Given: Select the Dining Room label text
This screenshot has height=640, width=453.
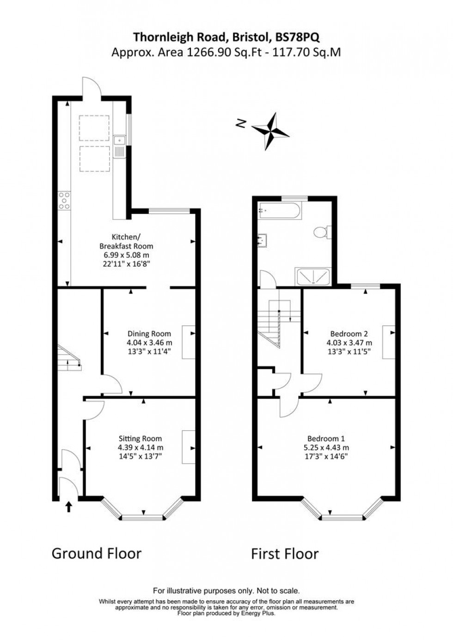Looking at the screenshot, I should [x=149, y=334].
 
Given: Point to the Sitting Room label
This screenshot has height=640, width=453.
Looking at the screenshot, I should [x=140, y=439].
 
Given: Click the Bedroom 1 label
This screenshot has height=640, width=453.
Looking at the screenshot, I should [x=326, y=439].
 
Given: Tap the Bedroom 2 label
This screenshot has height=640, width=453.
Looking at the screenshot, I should [x=349, y=334].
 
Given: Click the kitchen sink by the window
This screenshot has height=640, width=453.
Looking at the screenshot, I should [x=119, y=146].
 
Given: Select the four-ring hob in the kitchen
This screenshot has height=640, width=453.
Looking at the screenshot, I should [x=64, y=201].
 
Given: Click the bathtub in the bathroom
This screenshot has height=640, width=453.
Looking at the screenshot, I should [x=280, y=211].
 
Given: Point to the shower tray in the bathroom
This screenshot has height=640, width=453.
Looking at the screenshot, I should [x=313, y=276].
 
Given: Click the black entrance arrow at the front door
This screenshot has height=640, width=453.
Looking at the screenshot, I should [x=69, y=507].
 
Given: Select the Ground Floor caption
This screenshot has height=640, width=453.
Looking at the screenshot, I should [x=96, y=553].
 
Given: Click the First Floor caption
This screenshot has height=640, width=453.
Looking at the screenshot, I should [x=284, y=554].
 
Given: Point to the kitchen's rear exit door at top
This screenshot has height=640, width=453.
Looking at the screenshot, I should [x=89, y=88].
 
